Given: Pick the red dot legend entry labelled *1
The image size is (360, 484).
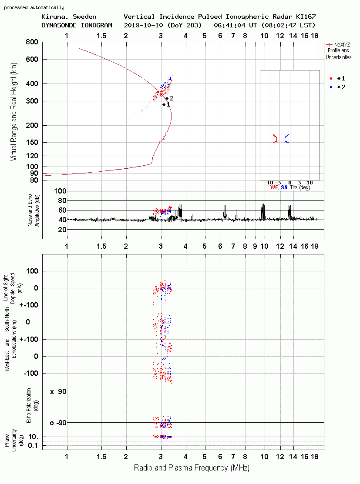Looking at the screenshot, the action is click(337, 78).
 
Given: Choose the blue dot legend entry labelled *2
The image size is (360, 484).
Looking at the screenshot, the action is click(337, 87).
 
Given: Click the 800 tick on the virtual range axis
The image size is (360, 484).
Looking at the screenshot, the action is click(32, 42).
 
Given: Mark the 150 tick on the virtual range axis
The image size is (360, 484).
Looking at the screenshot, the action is click(32, 142).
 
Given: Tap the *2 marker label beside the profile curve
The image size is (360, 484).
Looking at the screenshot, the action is click(169, 98).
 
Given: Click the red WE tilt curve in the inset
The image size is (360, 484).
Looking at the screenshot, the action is click(275, 138).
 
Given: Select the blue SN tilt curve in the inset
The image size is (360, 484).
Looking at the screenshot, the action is click(286, 138).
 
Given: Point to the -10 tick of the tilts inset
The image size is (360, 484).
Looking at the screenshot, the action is click(269, 183).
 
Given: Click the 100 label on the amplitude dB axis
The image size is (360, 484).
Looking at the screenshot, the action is click(60, 191).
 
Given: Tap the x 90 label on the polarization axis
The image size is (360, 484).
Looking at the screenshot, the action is click(58, 392).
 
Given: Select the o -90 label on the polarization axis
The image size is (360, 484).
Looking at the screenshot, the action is click(58, 423).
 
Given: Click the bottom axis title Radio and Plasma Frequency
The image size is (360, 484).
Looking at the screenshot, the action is click(192, 468).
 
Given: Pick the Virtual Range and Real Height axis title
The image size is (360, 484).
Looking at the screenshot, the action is click(13, 112).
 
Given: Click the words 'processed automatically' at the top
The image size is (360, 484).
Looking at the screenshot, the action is click(34, 7).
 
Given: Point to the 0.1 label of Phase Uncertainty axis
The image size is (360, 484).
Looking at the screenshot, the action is click(33, 445).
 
